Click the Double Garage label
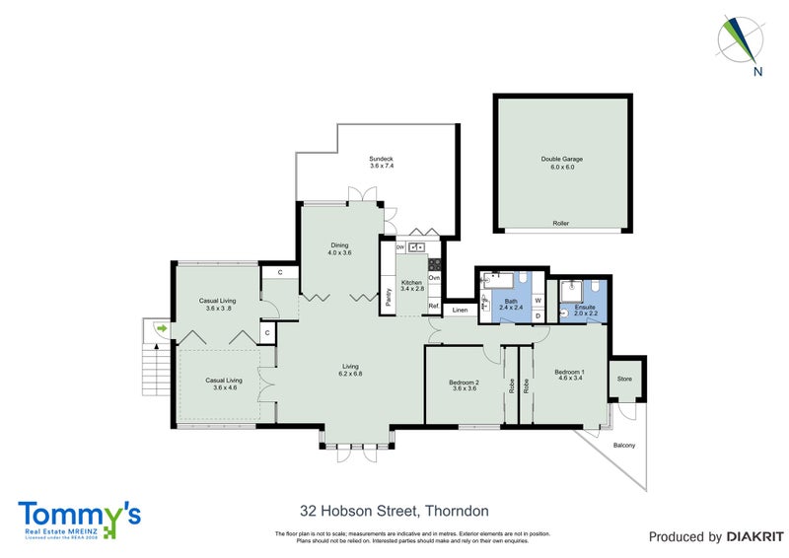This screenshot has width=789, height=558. (x=561, y=163)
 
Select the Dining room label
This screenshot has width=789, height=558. (x=339, y=249)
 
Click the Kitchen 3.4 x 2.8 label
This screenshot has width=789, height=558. (x=411, y=286)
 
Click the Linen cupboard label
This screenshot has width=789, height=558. (x=460, y=311)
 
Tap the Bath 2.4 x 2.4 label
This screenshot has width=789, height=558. (x=510, y=306)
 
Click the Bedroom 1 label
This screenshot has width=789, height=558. (x=571, y=374)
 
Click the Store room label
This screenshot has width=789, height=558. (x=623, y=378)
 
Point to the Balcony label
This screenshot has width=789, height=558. (x=623, y=446)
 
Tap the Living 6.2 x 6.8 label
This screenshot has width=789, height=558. (x=350, y=370)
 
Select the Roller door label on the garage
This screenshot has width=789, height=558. (x=561, y=224)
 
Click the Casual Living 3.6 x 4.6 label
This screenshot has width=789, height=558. (x=223, y=384)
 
